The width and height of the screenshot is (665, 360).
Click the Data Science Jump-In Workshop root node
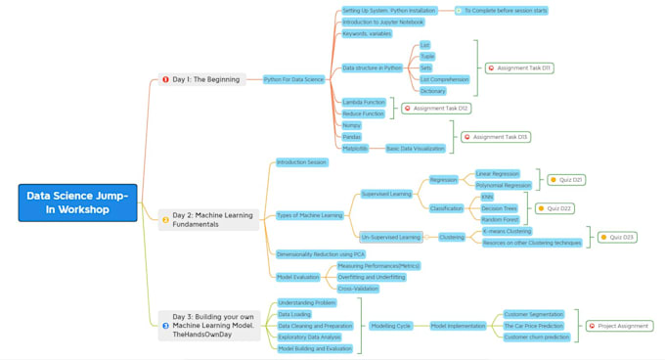pyautogui.click(x=77, y=202)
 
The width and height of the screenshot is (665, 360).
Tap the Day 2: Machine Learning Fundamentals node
pyautogui.click(x=211, y=220)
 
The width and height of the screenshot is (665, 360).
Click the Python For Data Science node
pyautogui.click(x=293, y=79)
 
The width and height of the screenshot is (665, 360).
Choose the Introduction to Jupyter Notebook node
pyautogui.click(x=382, y=22)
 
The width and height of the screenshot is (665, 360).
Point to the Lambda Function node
pyautogui.click(x=364, y=102)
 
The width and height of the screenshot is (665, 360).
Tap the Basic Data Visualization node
pyautogui.click(x=415, y=149)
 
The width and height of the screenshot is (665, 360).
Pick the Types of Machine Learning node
pyautogui.click(x=309, y=215)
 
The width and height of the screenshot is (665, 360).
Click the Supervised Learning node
pyautogui.click(x=386, y=194)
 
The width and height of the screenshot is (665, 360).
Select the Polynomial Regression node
pyautogui.click(x=504, y=185)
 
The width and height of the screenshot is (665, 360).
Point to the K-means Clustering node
pyautogui.click(x=506, y=231)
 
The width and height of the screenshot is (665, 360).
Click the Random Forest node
pyautogui.click(x=499, y=220)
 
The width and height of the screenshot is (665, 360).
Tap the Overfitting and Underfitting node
pyautogui.click(x=372, y=277)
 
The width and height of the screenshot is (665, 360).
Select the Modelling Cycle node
pyautogui.click(x=391, y=326)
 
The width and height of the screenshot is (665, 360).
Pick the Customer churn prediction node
pyautogui.click(x=536, y=337)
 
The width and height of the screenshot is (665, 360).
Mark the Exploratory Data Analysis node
pyautogui.click(x=309, y=337)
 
